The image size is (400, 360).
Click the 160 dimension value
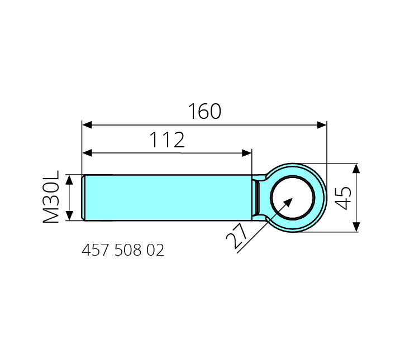tap(204, 111)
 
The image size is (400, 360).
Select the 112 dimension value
tap(167, 140)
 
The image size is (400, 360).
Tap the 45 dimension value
tap(343, 198)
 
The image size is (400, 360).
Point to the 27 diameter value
tap(237, 236)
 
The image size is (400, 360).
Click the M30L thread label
tap(51, 196)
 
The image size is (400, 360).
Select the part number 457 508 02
tap(123, 250)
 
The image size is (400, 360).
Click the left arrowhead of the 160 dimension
tap(87, 125)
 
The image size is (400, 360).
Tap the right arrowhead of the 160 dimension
tap(321, 125)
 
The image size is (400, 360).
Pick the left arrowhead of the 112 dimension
tap(87, 153)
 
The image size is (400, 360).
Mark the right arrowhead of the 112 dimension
tap(247, 153)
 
